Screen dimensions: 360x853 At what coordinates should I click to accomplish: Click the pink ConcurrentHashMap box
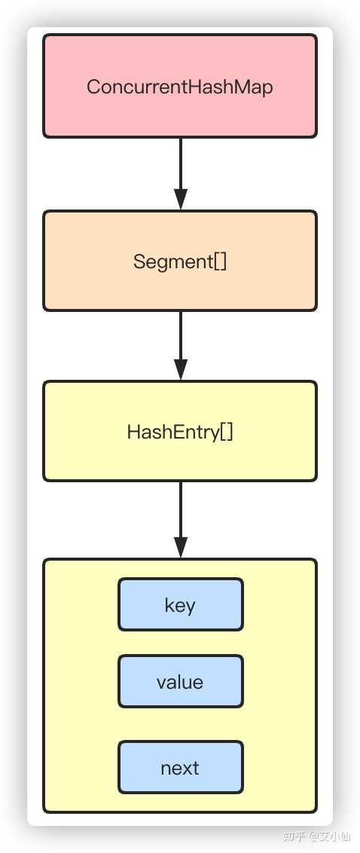180,86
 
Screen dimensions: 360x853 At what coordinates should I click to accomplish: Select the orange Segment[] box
180,261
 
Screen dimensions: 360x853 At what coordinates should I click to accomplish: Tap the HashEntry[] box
180,431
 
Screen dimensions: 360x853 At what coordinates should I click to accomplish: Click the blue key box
181,604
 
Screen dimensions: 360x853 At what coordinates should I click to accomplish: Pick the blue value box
181,682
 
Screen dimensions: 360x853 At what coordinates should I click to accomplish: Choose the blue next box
181,767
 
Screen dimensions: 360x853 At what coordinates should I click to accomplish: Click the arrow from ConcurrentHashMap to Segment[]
181,174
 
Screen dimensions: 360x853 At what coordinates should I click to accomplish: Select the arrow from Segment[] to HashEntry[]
181,346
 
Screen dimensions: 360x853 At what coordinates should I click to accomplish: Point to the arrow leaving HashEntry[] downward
181,520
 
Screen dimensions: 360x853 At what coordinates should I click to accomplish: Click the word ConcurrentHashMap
180,87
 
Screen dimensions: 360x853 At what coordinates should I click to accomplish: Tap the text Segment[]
180,261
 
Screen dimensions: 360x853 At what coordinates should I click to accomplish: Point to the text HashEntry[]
180,433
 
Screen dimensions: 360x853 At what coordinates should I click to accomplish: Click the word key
180,606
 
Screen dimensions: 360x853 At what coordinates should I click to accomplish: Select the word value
180,682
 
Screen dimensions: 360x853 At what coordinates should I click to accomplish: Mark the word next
180,768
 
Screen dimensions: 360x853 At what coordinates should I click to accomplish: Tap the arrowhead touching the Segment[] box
181,200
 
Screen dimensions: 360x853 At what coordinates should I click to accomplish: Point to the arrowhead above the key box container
181,548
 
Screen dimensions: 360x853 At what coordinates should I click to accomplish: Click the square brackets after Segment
221,262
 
